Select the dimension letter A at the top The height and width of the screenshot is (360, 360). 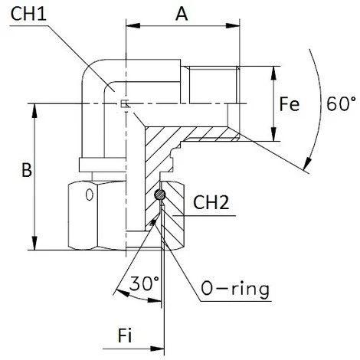point(180,14)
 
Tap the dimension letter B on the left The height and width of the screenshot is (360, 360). point(25,172)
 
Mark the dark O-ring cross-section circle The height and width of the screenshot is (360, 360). point(160,196)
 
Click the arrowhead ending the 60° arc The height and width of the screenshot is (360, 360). point(307,163)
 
